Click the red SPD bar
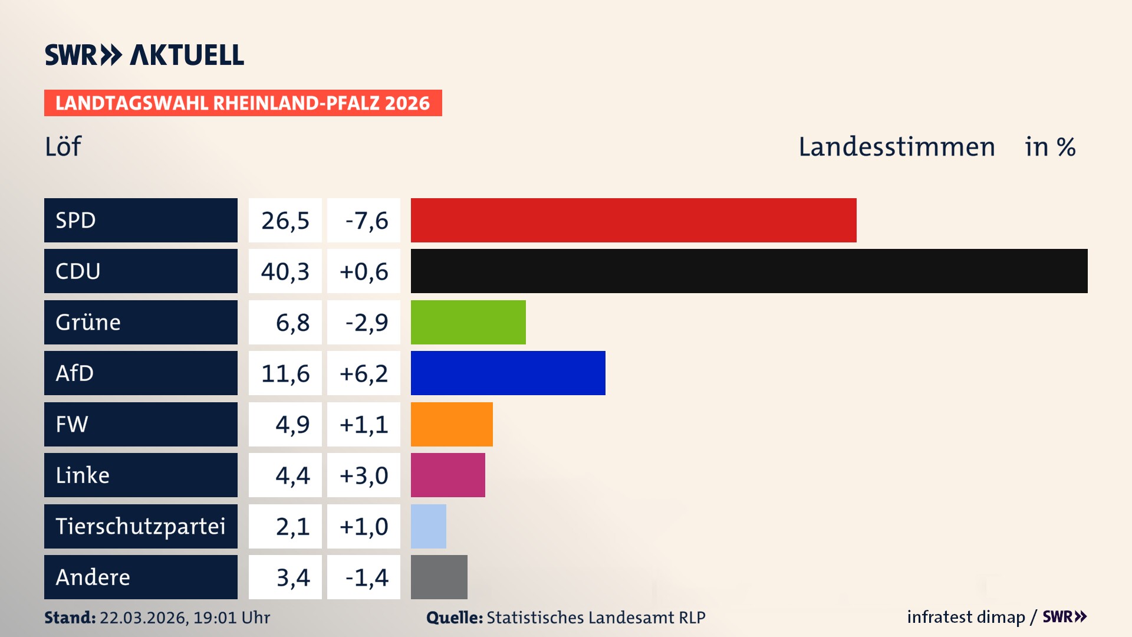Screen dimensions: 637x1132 tap(633, 220)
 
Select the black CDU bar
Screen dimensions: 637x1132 tap(749, 271)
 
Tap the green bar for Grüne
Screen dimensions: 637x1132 tap(468, 322)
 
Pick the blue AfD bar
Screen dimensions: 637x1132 tap(508, 373)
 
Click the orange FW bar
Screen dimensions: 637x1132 tap(452, 424)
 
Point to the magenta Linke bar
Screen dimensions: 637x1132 tap(447, 475)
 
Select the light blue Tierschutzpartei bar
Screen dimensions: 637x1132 tap(429, 526)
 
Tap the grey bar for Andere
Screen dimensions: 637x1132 tap(439, 577)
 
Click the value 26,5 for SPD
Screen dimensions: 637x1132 tap(285, 221)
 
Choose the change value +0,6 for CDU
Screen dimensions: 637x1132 tap(364, 271)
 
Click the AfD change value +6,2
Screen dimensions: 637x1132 tap(364, 373)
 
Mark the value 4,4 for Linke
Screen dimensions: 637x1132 tap(292, 475)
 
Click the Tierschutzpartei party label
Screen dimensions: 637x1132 tap(140, 526)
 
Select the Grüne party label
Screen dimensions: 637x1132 tap(88, 322)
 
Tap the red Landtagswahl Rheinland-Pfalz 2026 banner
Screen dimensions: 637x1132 tap(243, 103)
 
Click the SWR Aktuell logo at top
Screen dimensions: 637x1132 tap(144, 55)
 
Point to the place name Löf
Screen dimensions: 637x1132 tap(63, 146)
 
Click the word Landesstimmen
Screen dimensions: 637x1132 tap(897, 146)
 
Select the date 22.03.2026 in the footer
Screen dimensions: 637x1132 tap(143, 618)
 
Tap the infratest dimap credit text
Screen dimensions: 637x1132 tap(965, 617)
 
